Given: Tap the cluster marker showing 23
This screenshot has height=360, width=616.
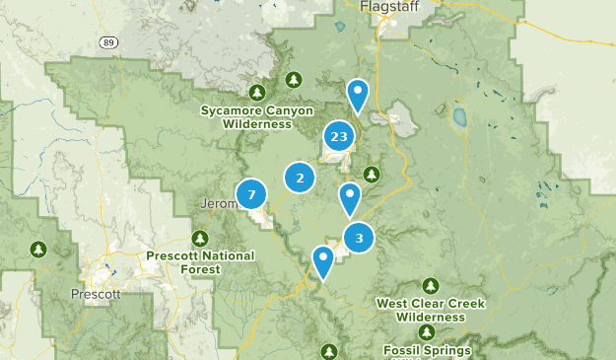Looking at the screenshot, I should click(x=339, y=137).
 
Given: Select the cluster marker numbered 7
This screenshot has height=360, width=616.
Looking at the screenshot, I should click(x=251, y=194).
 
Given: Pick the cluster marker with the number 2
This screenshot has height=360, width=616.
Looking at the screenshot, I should click(x=300, y=178).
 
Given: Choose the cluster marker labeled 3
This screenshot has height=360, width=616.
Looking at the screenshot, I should click(x=359, y=237).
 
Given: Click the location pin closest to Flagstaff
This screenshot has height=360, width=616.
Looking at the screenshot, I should click(x=358, y=95).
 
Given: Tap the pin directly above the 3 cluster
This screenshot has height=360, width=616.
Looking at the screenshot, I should click(x=349, y=198).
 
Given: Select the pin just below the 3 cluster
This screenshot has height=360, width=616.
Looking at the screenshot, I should click(x=322, y=261).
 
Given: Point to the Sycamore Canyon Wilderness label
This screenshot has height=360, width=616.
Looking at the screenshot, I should click(x=256, y=117).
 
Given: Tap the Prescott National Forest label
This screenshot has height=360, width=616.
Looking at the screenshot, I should click(x=200, y=261).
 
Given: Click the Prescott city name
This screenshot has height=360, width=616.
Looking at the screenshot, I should click(x=96, y=294).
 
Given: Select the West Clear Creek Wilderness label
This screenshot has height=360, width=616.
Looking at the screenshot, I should click(x=431, y=311).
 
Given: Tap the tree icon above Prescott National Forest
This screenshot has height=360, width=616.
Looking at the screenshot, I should click(x=200, y=239).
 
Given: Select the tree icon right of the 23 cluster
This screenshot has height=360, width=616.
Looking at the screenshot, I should click(x=372, y=175).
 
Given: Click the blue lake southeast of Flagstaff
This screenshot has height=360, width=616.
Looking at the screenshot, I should click(x=459, y=118).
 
